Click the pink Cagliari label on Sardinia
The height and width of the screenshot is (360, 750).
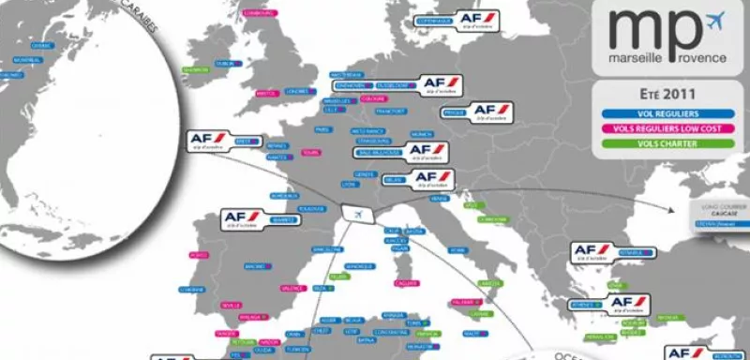click(x=406, y=282)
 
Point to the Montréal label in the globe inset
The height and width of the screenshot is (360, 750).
click(x=28, y=60)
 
